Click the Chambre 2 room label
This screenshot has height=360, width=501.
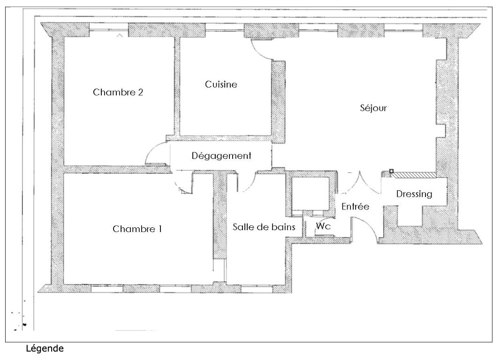point(118,92)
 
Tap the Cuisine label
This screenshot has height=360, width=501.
point(221,84)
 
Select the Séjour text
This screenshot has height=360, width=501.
point(373,108)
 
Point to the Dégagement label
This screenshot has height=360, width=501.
point(221,156)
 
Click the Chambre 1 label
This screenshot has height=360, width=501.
point(137,229)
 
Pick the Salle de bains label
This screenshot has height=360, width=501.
point(264,227)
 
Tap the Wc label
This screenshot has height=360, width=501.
point(323,226)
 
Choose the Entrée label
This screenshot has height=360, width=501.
point(355,207)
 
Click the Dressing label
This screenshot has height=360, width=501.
point(414,194)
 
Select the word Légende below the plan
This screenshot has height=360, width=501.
point(45,348)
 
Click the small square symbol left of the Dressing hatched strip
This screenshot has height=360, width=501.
point(391,172)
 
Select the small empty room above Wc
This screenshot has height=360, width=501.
point(311,194)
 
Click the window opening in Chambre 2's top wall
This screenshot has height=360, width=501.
point(109,30)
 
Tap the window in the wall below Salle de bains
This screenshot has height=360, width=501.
point(257,289)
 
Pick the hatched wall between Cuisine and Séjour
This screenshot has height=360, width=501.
point(278,102)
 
